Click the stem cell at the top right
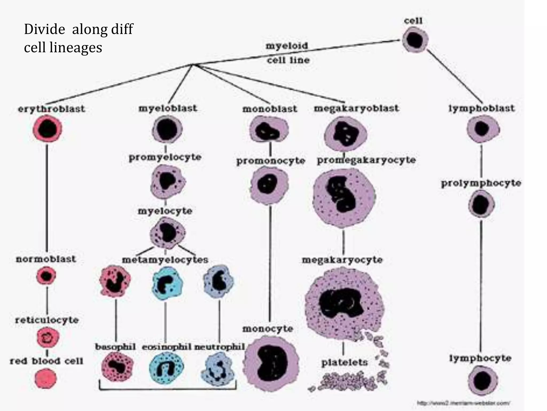click(415, 40)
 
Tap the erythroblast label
click(51, 109)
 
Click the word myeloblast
click(168, 108)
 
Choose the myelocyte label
click(165, 211)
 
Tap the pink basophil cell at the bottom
click(117, 367)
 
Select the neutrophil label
click(220, 347)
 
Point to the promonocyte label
click(271, 161)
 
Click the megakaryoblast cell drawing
click(345, 134)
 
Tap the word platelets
click(345, 363)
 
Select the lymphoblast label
click(481, 108)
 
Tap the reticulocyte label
click(47, 320)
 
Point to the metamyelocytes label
click(165, 260)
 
